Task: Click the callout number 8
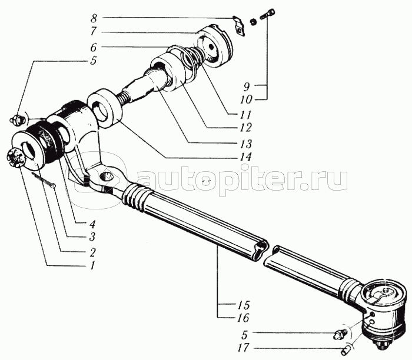[x=94, y=19]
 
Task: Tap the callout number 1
[x=92, y=265]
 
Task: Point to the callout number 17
[x=243, y=348]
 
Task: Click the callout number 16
[x=243, y=318]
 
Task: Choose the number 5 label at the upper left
[x=94, y=61]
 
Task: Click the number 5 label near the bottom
[x=244, y=335]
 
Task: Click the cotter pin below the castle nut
[x=44, y=180]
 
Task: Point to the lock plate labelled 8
[x=239, y=26]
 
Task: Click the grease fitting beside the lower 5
[x=341, y=335]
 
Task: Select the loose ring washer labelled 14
[x=105, y=108]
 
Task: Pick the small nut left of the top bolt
[x=253, y=22]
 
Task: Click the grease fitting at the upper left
[x=18, y=120]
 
